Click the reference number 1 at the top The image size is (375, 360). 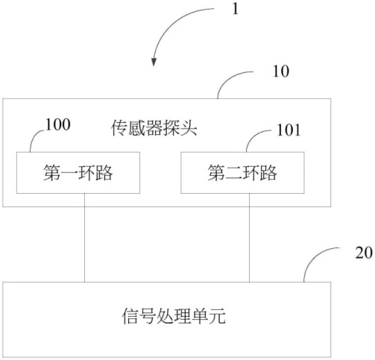235,9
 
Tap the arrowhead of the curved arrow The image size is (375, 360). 154,62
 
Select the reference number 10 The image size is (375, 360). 281,72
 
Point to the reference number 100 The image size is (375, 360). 58,124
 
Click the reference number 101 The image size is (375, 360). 289,130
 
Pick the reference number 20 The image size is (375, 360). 364,253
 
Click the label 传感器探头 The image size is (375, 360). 154,128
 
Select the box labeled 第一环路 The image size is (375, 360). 78,173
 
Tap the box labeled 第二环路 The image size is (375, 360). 242,173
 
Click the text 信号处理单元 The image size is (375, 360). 174,316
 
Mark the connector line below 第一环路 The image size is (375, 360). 84,238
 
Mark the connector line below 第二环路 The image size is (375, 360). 249,238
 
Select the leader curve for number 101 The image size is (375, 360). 253,136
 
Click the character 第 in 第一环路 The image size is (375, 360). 51,173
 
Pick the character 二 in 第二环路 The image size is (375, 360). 233,173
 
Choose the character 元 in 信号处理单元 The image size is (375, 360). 217,316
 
